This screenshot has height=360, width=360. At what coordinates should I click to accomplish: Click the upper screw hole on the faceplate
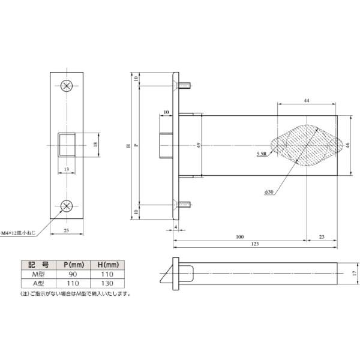(67, 85)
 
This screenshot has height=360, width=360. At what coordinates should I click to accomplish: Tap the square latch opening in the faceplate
(67, 145)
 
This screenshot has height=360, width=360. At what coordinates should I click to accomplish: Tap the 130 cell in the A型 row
(109, 283)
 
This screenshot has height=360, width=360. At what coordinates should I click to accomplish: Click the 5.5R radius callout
(262, 154)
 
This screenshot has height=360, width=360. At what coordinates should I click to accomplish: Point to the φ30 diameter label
(268, 191)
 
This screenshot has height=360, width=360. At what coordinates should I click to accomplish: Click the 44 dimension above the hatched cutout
(306, 100)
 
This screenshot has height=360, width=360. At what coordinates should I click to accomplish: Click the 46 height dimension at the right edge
(347, 145)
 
